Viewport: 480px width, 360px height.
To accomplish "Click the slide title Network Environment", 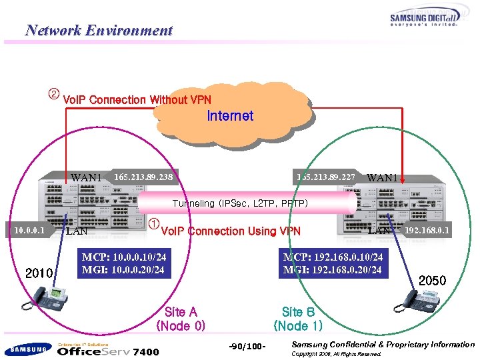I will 99,30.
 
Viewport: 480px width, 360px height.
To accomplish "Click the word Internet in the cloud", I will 230,116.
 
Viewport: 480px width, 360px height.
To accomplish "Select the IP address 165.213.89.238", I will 143,178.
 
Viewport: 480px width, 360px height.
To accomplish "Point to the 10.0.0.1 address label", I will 29,231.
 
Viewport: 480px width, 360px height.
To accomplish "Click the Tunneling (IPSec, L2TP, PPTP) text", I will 240,203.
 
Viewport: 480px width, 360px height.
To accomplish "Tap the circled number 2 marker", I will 54,93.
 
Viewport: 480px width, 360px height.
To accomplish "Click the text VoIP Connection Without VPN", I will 137,100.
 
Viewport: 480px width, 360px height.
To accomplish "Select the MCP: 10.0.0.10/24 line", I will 124,257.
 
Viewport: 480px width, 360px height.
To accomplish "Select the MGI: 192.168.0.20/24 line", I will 333,270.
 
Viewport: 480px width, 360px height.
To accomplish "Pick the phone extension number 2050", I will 432,281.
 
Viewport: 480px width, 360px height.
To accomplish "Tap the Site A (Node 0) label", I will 181,319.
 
